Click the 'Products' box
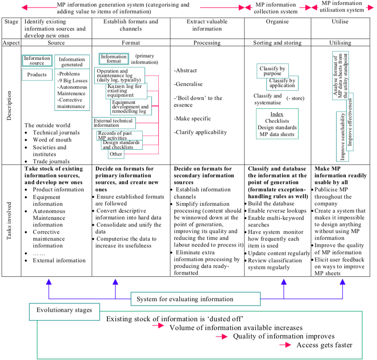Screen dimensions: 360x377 pyautogui.click(x=37, y=75)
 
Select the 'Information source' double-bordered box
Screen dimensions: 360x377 pyautogui.click(x=37, y=61)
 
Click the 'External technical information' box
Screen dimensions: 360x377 pyautogui.click(x=114, y=123)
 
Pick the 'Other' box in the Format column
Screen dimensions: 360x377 pyautogui.click(x=116, y=154)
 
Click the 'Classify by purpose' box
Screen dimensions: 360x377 pyautogui.click(x=273, y=71)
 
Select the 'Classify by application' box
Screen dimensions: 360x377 pyautogui.click(x=282, y=83)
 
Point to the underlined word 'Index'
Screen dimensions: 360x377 pyautogui.click(x=276, y=114)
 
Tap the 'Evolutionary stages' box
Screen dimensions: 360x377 pyautogui.click(x=64, y=310)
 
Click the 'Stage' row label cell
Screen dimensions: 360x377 pyautogui.click(x=11, y=22)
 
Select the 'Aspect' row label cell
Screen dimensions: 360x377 pyautogui.click(x=11, y=42)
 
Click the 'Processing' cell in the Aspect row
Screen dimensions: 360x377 pyautogui.click(x=207, y=42)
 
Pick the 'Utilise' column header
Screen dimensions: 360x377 pyautogui.click(x=340, y=22)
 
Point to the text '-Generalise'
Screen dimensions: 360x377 pyautogui.click(x=188, y=84)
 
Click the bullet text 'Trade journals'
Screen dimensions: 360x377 pyautogui.click(x=51, y=162)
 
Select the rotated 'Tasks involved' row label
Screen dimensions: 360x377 pyautogui.click(x=11, y=220)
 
